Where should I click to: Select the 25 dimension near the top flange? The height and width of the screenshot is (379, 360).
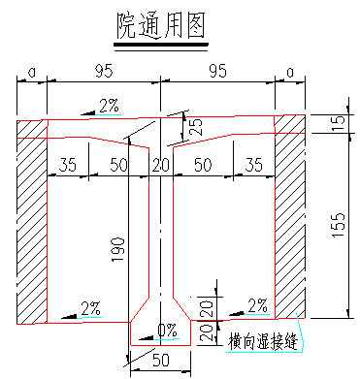click(197, 127)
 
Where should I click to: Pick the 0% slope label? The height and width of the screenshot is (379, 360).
click(167, 331)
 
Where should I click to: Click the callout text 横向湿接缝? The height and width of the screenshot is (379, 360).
click(262, 339)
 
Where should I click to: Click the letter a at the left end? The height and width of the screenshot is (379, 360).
click(31, 71)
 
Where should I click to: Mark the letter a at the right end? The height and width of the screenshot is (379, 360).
click(289, 71)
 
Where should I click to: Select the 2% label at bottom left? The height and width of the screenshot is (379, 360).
click(90, 308)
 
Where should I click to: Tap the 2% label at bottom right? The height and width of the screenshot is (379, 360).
click(257, 305)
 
